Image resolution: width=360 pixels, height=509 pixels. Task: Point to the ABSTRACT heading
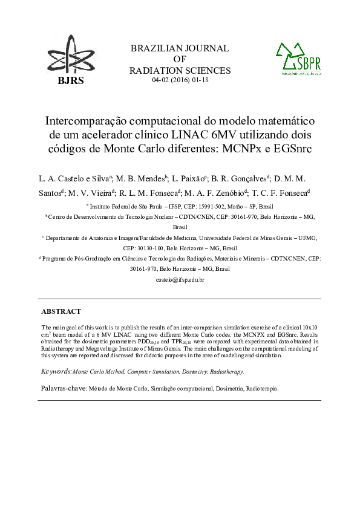tap(61, 311)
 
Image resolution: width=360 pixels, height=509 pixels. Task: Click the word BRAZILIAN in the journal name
tap(156, 48)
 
